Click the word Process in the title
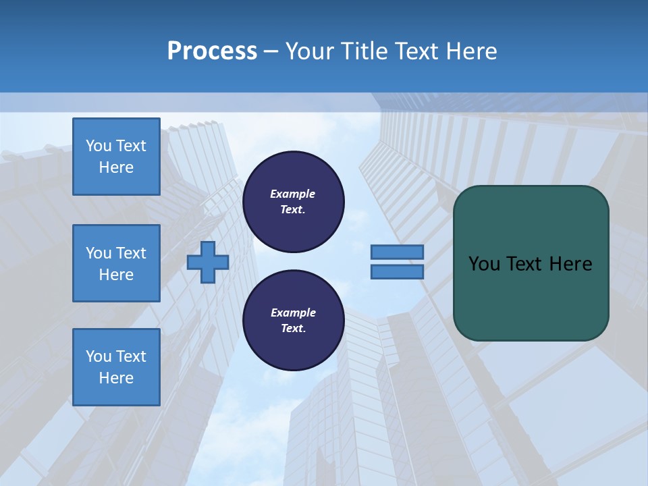click(x=212, y=51)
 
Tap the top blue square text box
click(x=116, y=157)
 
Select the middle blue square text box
click(x=116, y=263)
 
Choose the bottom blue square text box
click(x=116, y=367)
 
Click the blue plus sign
click(x=208, y=263)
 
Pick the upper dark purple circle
click(x=294, y=202)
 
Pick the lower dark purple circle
click(x=294, y=321)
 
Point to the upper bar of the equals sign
click(x=397, y=252)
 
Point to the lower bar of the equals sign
click(x=397, y=272)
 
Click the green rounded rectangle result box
click(x=531, y=263)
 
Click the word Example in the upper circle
click(x=293, y=194)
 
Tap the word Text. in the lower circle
click(x=293, y=329)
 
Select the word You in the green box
click(x=485, y=264)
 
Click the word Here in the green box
click(x=570, y=264)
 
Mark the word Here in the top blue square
click(x=116, y=167)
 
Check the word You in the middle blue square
click(x=99, y=253)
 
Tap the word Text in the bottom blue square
click(x=130, y=356)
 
